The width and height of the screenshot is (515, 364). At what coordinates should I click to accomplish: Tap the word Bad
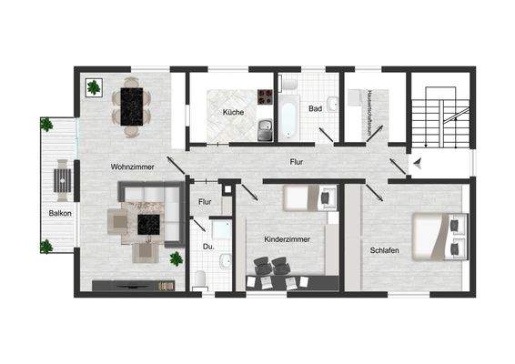point(315,108)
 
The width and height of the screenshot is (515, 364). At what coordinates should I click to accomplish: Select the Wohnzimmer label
point(132,167)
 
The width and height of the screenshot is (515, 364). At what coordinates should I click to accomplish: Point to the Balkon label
point(61,213)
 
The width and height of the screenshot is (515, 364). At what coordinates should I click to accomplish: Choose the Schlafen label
point(387,250)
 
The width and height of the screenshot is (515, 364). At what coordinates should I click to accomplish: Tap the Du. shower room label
point(208,246)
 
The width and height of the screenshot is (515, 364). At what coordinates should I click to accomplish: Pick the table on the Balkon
point(63,179)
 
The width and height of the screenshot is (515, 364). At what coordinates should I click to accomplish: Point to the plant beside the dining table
point(94,87)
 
